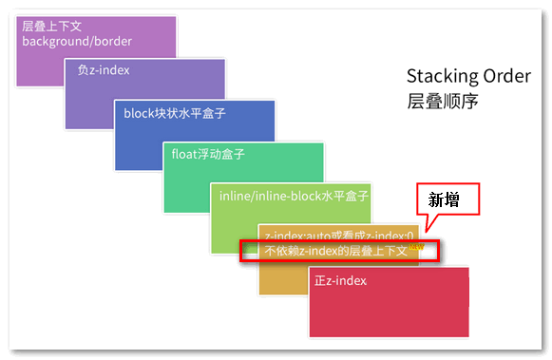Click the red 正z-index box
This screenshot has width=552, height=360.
point(390,309)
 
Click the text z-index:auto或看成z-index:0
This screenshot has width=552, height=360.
point(339,234)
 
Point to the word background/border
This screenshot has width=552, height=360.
point(77,41)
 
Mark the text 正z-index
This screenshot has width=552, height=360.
point(340,280)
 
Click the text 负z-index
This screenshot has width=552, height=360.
point(104,70)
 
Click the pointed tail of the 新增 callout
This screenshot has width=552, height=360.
point(428,228)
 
